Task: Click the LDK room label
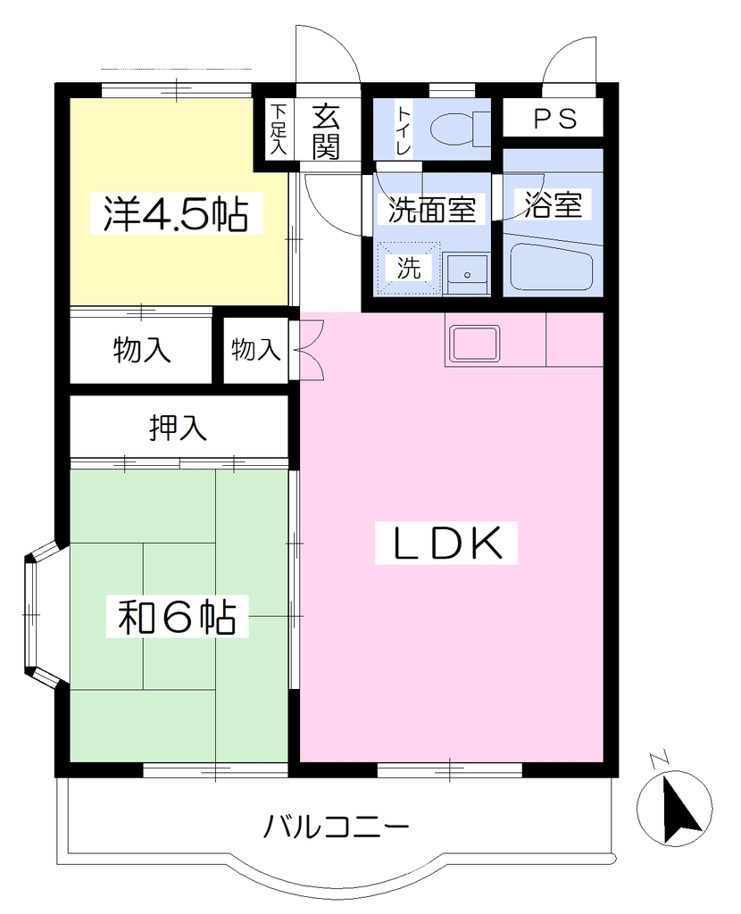pyautogui.click(x=446, y=543)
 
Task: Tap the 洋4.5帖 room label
pyautogui.click(x=176, y=214)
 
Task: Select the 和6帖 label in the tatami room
pyautogui.click(x=178, y=617)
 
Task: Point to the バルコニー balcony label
pyautogui.click(x=337, y=826)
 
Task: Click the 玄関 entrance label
pyautogui.click(x=325, y=132)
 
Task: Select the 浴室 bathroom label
pyautogui.click(x=553, y=204)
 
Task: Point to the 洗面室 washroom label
pyautogui.click(x=432, y=209)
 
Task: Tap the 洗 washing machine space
pyautogui.click(x=409, y=268)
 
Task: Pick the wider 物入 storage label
pyautogui.click(x=142, y=351)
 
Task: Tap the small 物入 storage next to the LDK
pyautogui.click(x=256, y=350)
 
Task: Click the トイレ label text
pyautogui.click(x=404, y=130)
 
